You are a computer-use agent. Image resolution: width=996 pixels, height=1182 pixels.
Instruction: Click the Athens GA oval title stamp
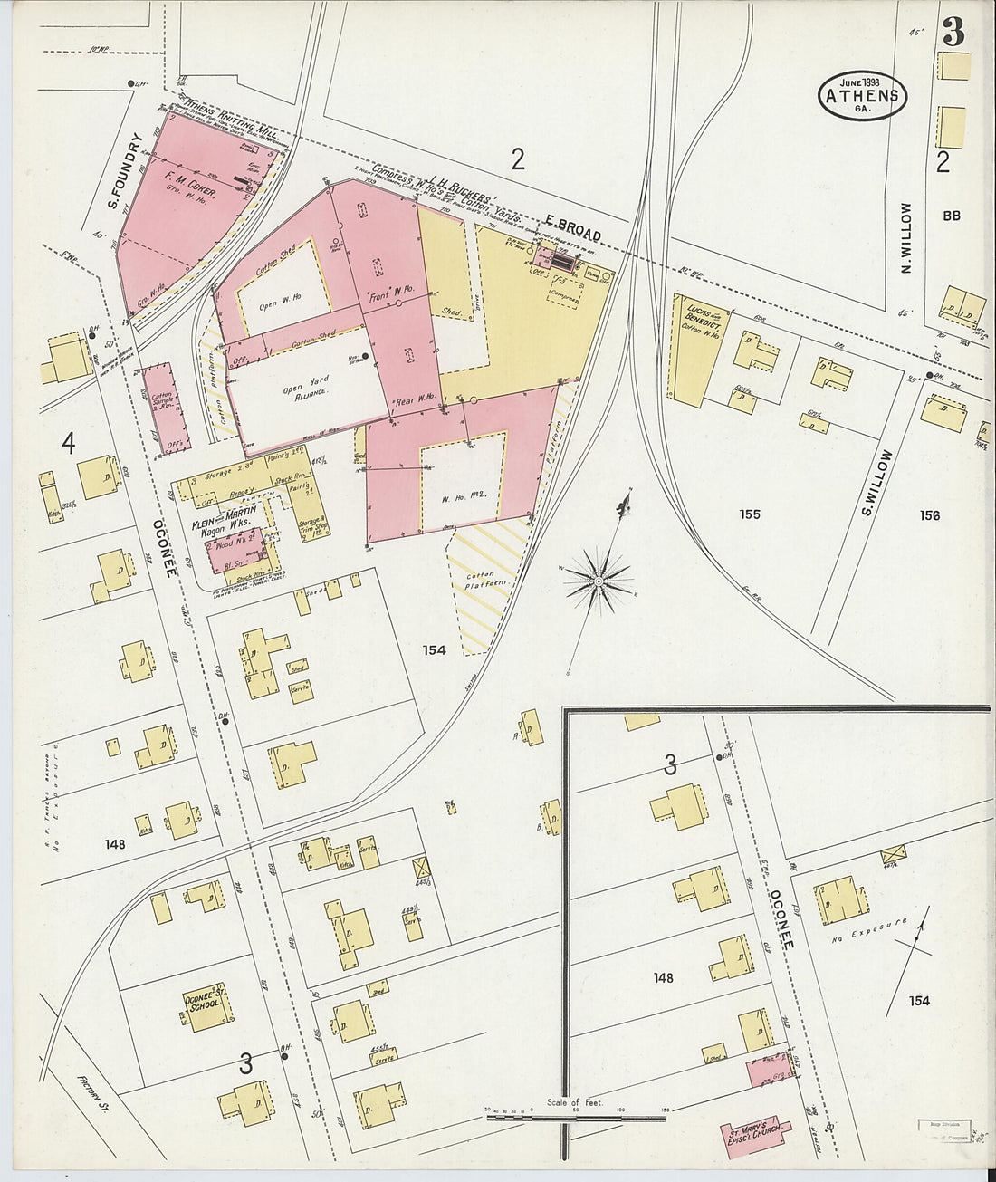tap(863, 95)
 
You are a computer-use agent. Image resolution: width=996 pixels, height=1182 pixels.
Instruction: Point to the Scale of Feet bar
tap(578, 1117)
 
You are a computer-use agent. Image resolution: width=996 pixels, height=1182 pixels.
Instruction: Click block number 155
tap(749, 514)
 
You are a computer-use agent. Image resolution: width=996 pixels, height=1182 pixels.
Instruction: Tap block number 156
tap(929, 515)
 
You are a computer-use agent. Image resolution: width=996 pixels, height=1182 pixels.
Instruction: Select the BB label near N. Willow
tap(951, 216)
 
